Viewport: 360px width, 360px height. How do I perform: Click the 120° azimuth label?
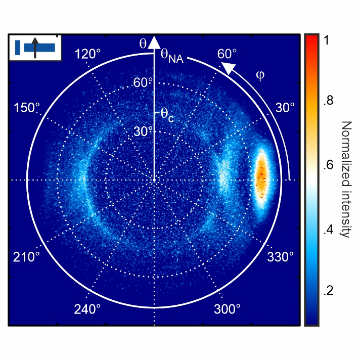pyautogui.click(x=85, y=55)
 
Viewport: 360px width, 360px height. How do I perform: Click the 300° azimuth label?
pyautogui.click(x=228, y=308)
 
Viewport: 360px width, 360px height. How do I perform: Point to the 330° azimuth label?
pyautogui.click(x=281, y=257)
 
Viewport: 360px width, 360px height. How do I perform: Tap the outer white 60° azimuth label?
pyautogui.click(x=227, y=54)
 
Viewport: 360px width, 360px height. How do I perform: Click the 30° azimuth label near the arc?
pyautogui.click(x=284, y=108)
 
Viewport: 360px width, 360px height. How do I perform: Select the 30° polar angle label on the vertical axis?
pyautogui.click(x=143, y=131)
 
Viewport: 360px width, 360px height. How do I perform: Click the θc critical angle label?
pyautogui.click(x=167, y=114)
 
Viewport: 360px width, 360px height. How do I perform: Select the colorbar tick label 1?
pyautogui.click(x=327, y=42)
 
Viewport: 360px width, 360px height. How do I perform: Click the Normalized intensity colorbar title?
pyautogui.click(x=346, y=179)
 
